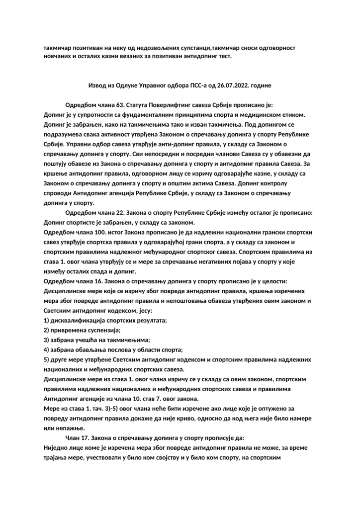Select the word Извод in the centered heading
97,85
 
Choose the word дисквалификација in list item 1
80,320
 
